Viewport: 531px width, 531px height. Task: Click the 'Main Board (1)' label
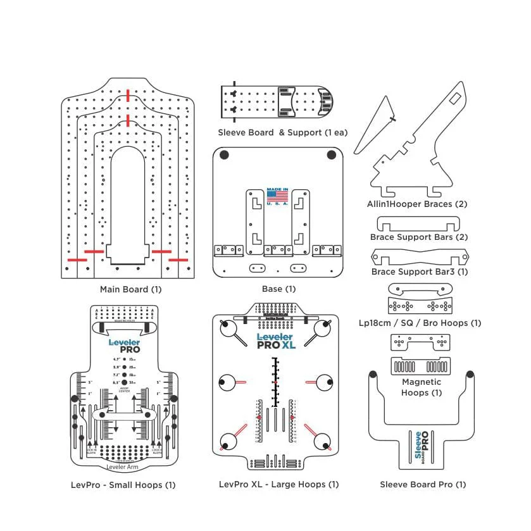131,289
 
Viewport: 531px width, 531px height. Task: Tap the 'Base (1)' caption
278,289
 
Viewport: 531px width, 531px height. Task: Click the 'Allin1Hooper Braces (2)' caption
418,204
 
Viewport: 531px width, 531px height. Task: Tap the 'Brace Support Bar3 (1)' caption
419,272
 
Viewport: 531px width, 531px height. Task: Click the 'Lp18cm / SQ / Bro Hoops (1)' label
420,323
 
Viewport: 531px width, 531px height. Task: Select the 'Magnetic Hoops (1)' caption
422,387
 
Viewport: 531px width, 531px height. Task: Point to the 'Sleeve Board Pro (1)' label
423,484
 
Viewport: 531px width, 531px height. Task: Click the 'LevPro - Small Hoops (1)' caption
123,485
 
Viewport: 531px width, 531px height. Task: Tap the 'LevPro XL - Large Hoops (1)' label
278,484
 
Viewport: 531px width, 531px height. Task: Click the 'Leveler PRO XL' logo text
276,342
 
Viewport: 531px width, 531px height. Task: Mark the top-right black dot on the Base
331,154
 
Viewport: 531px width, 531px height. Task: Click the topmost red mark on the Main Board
128,96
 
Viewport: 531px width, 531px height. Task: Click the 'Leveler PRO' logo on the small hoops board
124,346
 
